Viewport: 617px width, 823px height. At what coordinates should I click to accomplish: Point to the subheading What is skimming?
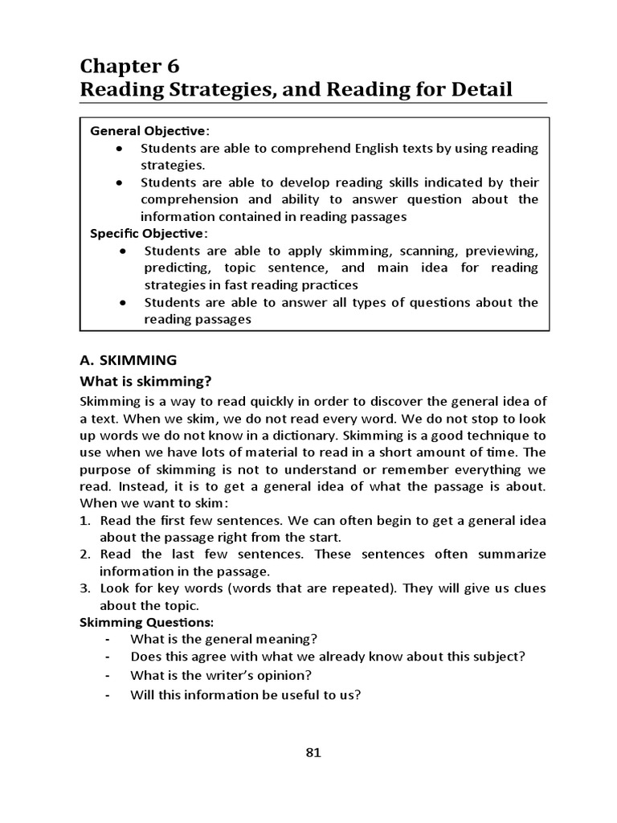[x=150, y=380]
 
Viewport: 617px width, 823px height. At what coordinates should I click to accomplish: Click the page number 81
[x=313, y=752]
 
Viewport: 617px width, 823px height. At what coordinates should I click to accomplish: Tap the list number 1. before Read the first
[x=85, y=520]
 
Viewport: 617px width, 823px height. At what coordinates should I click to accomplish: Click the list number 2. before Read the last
[x=85, y=554]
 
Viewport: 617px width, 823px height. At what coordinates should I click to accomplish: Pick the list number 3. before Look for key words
[x=85, y=588]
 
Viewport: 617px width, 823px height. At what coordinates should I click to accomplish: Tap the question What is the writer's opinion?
[x=221, y=675]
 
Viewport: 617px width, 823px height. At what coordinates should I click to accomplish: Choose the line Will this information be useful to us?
[x=246, y=695]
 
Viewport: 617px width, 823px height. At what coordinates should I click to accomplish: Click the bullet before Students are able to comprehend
[x=119, y=149]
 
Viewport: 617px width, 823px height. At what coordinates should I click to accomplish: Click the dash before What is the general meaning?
[x=108, y=639]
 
